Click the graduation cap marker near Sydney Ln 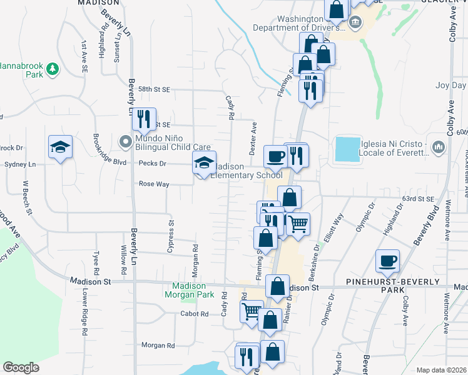(60, 147)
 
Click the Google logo (21, 367)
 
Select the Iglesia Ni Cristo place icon (437, 147)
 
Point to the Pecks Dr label (153, 163)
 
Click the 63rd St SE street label (418, 199)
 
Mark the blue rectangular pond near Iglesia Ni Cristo (348, 150)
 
